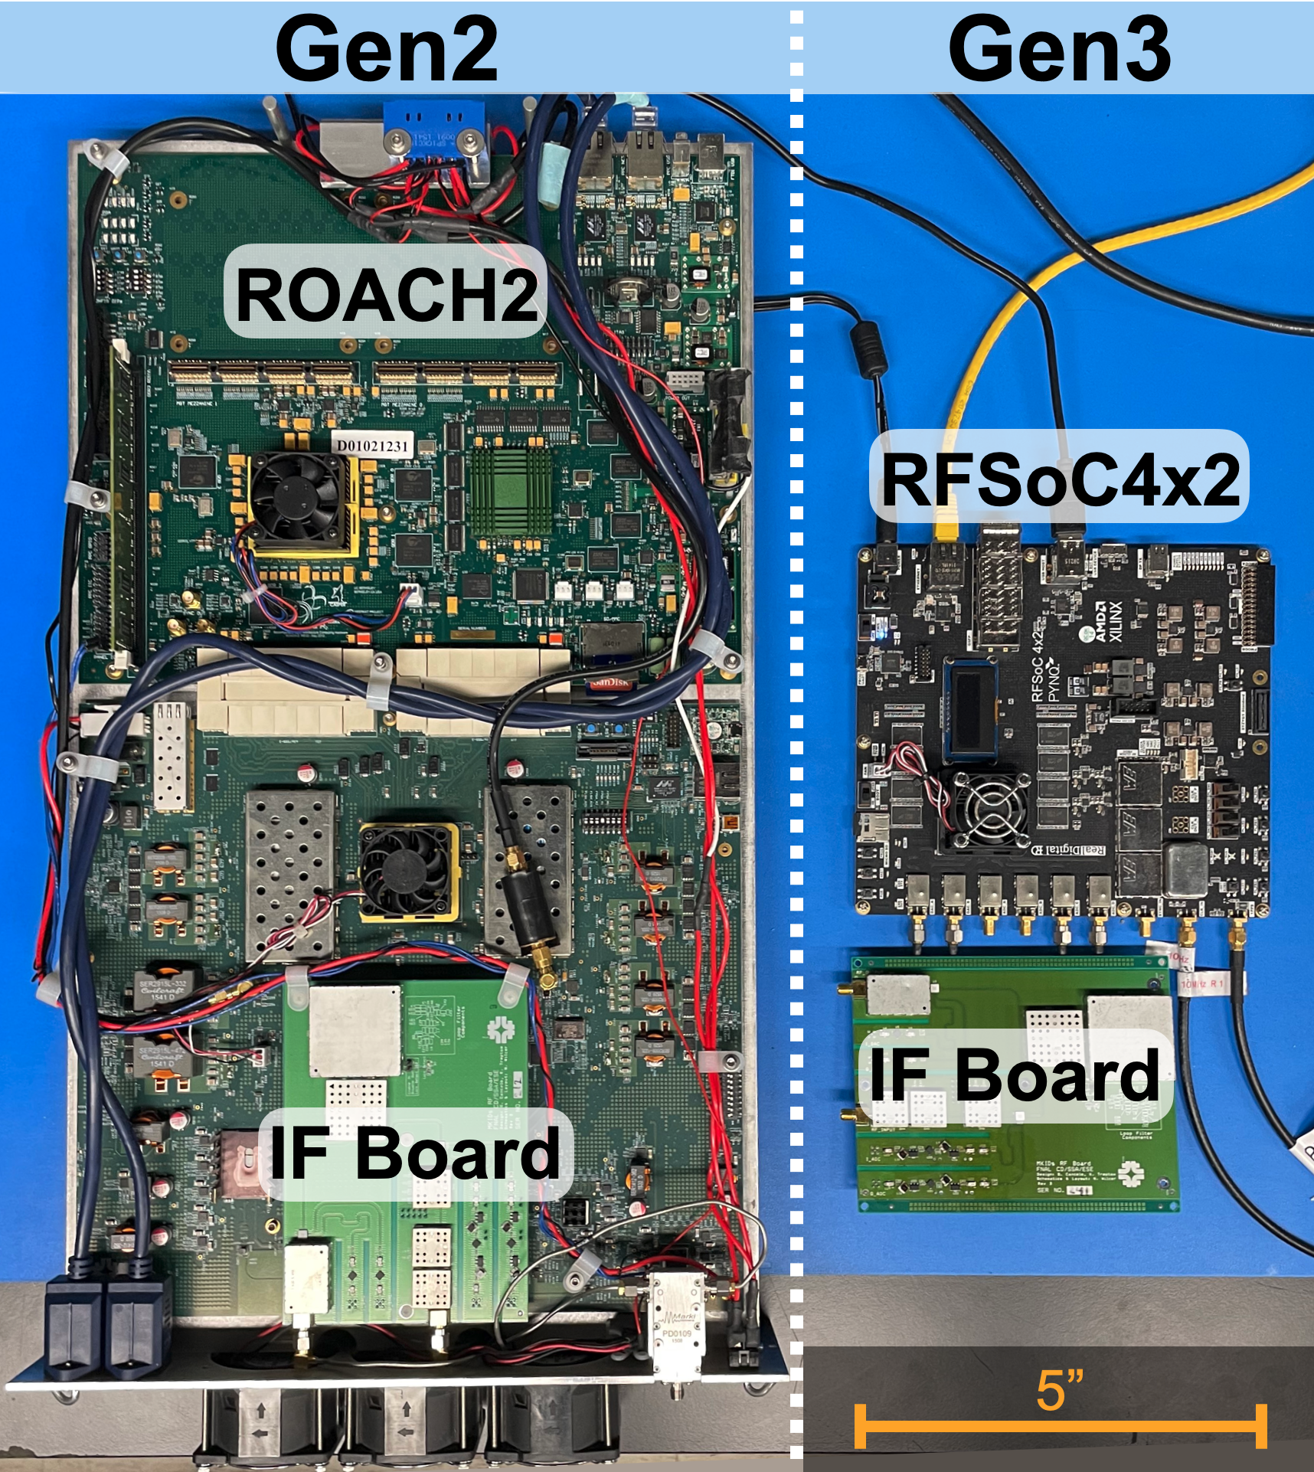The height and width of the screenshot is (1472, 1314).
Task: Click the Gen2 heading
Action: (x=387, y=49)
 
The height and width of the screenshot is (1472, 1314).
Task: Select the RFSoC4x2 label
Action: (x=1060, y=479)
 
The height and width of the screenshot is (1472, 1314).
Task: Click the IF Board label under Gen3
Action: (x=1015, y=1075)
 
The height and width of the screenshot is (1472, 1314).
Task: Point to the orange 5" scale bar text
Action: (x=1060, y=1390)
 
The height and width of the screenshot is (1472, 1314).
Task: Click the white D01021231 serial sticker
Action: (x=373, y=446)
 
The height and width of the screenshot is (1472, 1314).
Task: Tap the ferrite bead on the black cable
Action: (x=868, y=349)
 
